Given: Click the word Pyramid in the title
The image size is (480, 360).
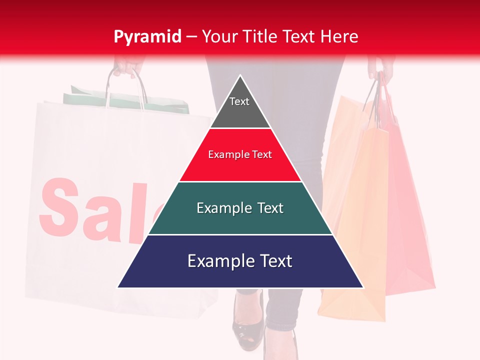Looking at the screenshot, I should pyautogui.click(x=147, y=36).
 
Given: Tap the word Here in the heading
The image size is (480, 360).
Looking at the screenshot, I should pyautogui.click(x=339, y=36).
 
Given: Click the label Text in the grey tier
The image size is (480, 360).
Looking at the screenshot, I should pyautogui.click(x=239, y=101).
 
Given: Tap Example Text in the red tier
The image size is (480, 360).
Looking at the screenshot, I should pyautogui.click(x=240, y=154).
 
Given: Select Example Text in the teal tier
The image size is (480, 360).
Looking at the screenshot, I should pyautogui.click(x=240, y=208).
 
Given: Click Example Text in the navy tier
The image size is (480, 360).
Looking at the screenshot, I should pyautogui.click(x=240, y=261).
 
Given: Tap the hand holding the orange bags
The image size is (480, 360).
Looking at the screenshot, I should pyautogui.click(x=380, y=67).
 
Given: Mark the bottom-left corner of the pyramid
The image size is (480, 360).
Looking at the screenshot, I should pyautogui.click(x=118, y=287).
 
